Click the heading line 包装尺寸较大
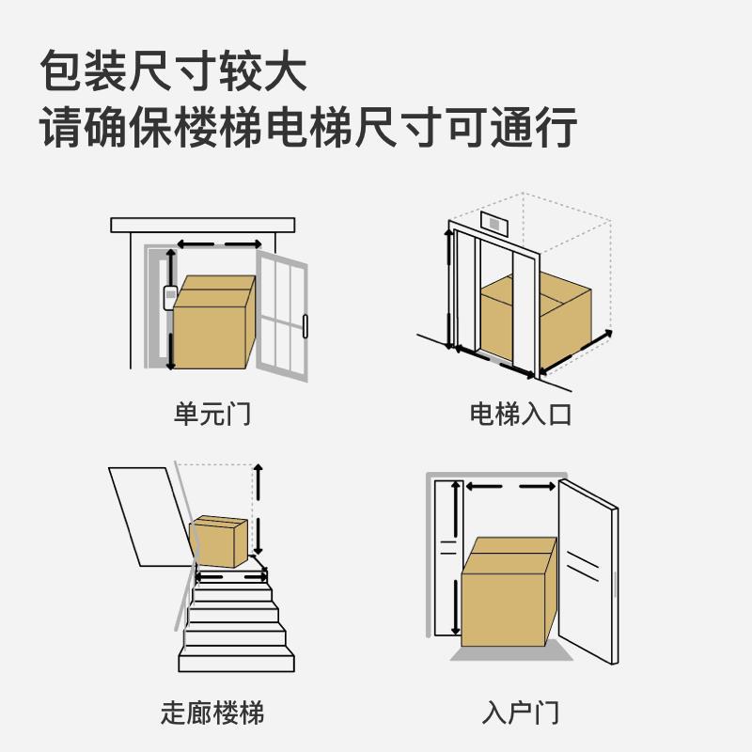[x=174, y=70]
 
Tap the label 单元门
[x=212, y=415]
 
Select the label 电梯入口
[x=520, y=415]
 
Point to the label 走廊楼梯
[x=212, y=713]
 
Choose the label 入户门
[x=520, y=713]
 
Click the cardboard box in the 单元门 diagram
[x=214, y=324]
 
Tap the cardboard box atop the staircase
[x=219, y=540]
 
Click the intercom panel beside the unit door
[x=170, y=297]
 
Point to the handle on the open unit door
[x=305, y=326]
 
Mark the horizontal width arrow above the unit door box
[x=219, y=243]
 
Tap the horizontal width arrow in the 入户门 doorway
[x=509, y=487]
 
